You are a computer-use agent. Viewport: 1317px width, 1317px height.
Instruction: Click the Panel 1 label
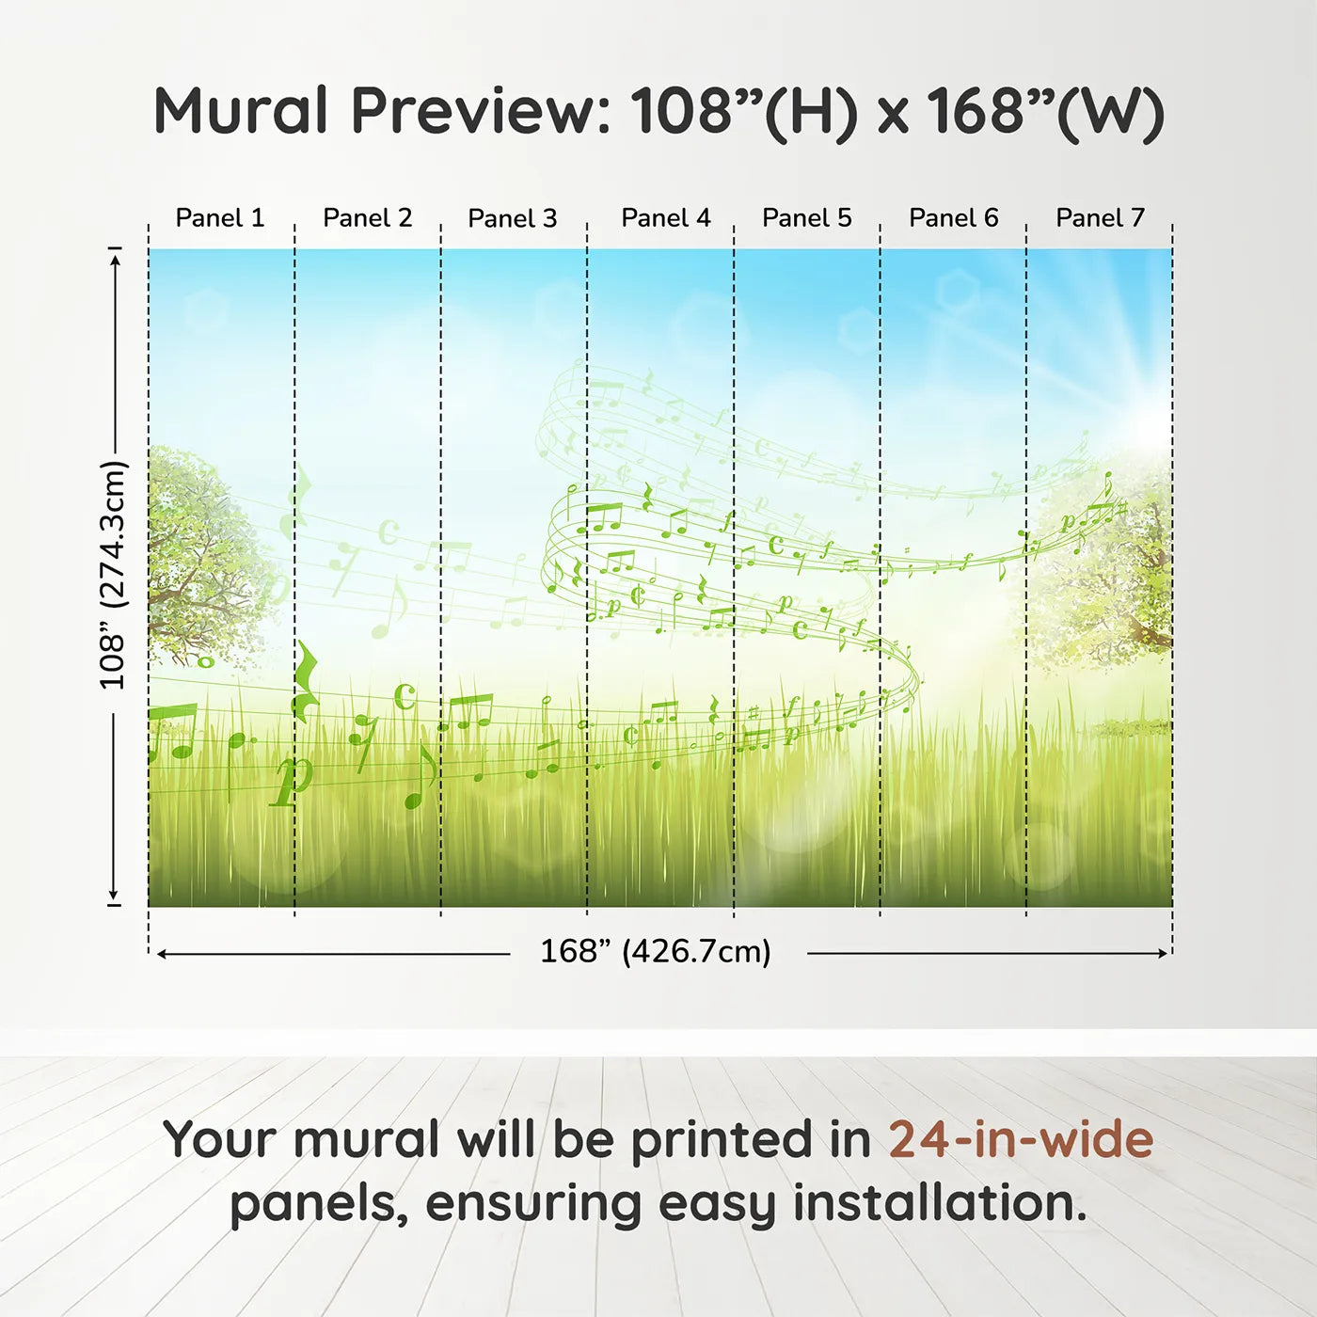pos(220,218)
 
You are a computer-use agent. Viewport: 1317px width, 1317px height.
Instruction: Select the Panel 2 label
pos(367,218)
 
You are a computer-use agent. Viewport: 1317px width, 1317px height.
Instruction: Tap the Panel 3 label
pos(513,218)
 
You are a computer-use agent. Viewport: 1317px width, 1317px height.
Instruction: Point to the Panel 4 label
pos(666,218)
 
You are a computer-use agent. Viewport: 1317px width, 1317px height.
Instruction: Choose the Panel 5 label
pos(807,218)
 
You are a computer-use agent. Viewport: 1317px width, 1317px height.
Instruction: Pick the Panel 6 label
pos(953,218)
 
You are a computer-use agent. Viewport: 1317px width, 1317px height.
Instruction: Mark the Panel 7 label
pos(1100,218)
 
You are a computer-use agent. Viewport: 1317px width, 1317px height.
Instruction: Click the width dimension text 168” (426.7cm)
pos(656,952)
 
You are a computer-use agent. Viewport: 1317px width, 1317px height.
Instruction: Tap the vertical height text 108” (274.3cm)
pos(113,575)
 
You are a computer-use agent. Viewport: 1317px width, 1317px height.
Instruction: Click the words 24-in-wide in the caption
pos(1021,1139)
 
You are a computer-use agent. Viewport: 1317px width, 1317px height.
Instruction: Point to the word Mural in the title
pos(241,111)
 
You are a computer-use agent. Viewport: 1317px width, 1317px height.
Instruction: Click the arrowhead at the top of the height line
pos(115,259)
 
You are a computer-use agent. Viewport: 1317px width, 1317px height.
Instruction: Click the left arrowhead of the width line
pos(162,954)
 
